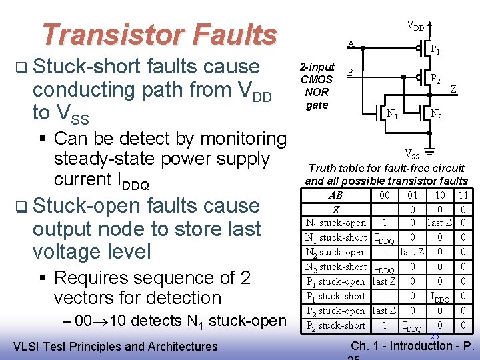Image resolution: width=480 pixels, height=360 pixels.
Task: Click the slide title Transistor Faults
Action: [x=159, y=35]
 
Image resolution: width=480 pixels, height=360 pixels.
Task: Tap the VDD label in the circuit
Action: [x=415, y=27]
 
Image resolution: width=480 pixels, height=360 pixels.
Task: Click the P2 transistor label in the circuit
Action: [x=435, y=78]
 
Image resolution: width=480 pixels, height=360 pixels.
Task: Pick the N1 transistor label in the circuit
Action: [x=393, y=115]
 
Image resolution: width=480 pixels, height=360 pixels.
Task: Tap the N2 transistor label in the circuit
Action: [x=435, y=115]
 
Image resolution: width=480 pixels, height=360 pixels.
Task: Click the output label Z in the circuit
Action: [x=453, y=88]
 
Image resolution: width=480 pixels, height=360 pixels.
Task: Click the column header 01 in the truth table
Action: [x=412, y=195]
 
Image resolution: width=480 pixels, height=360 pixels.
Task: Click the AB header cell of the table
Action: [x=336, y=195]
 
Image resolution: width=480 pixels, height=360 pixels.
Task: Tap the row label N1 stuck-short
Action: [x=335, y=237]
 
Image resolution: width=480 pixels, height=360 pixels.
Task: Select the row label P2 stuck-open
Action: [x=335, y=311]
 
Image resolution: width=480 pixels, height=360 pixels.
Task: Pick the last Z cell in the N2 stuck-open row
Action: [x=412, y=252]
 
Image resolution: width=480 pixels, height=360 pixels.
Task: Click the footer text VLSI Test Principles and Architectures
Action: [x=115, y=346]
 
